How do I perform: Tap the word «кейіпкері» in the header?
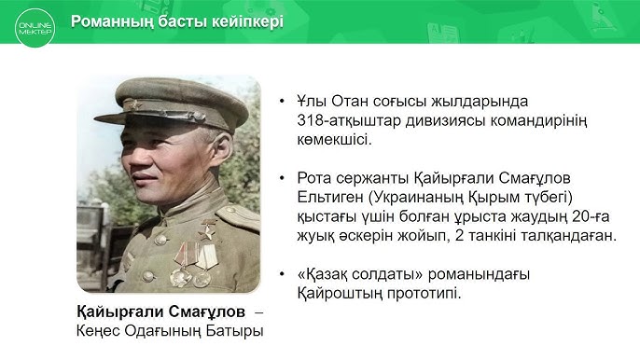[243, 21]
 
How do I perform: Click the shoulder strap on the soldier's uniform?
[240, 217]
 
